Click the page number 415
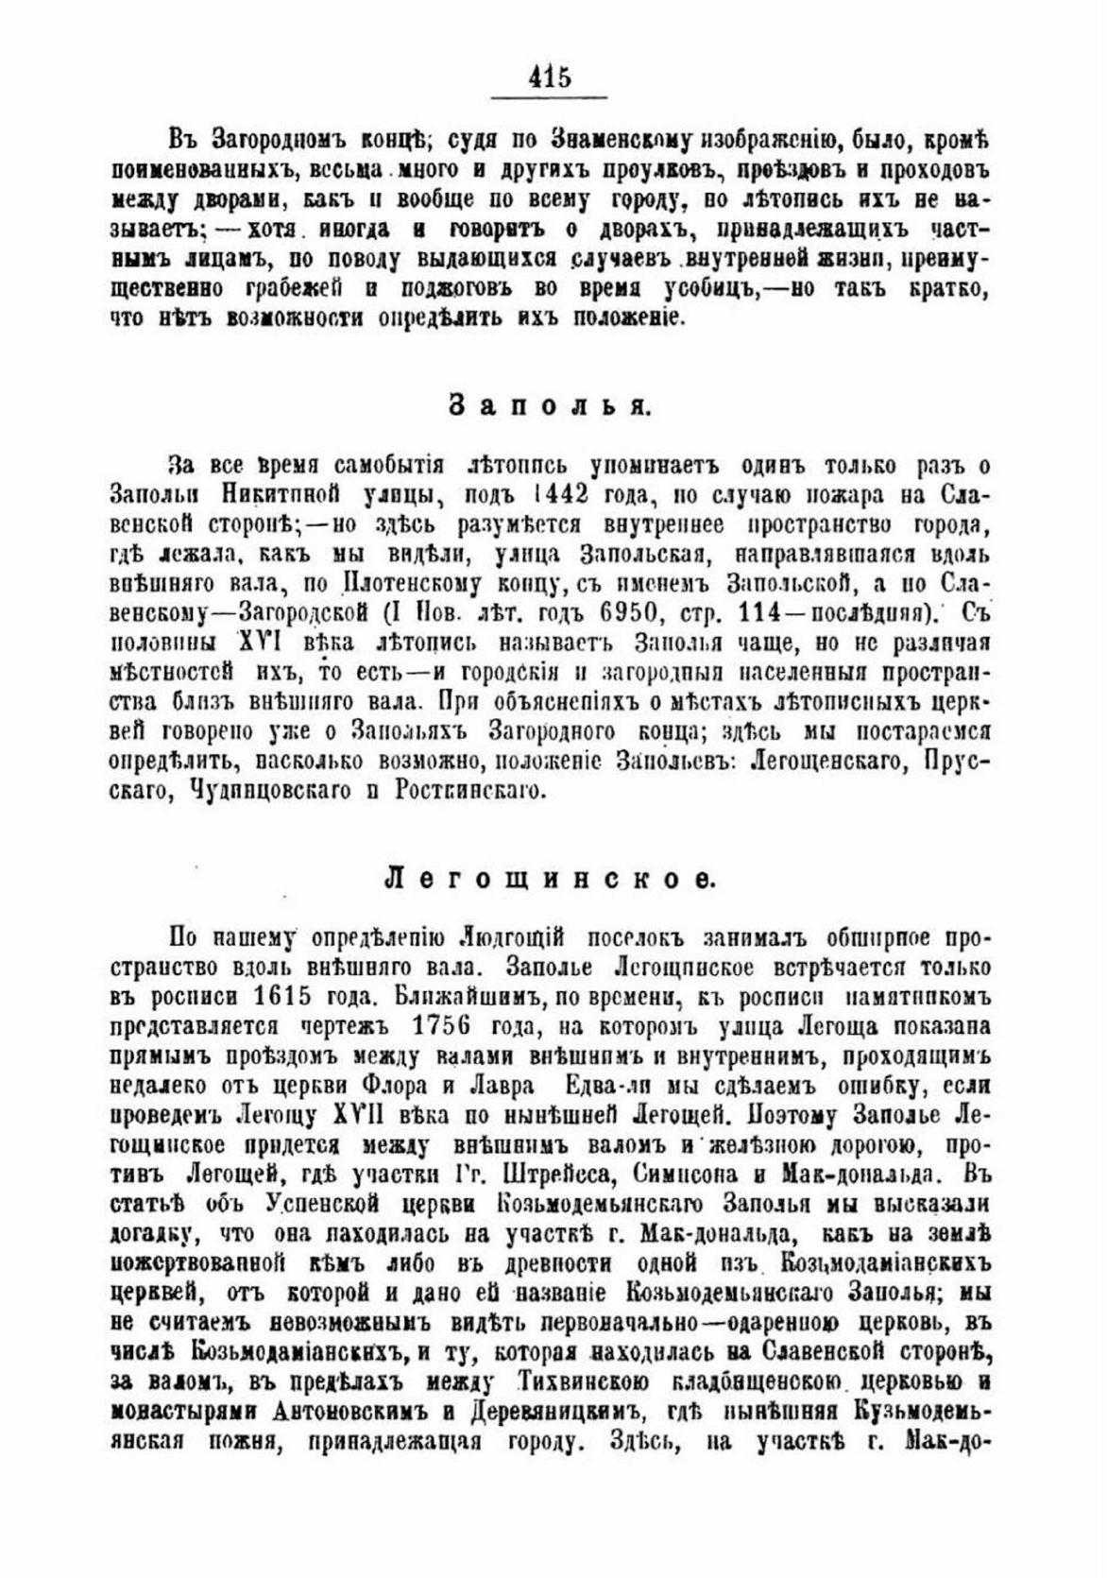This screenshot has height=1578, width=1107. click(x=551, y=76)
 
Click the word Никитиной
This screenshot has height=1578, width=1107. click(x=282, y=494)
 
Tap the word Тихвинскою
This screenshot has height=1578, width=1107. click(x=584, y=1382)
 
